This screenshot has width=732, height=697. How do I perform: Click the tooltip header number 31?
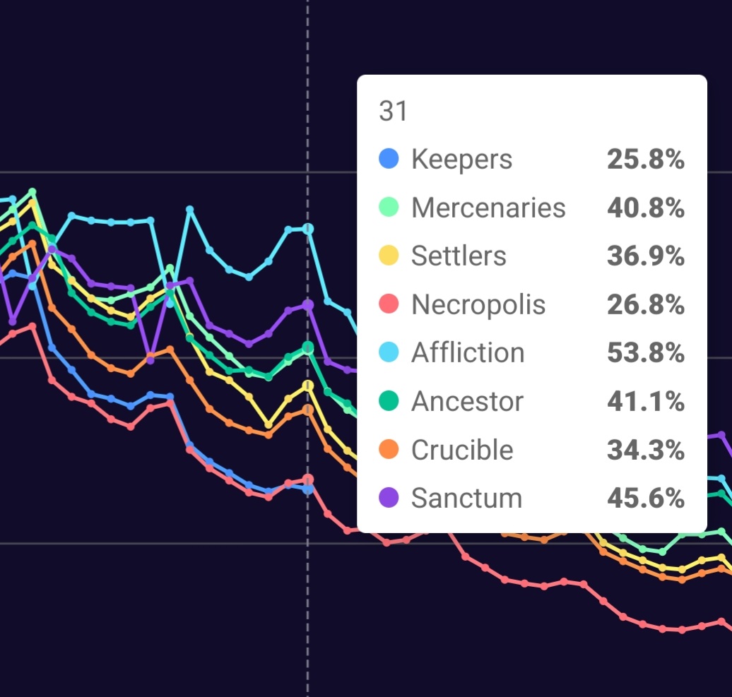pyautogui.click(x=393, y=112)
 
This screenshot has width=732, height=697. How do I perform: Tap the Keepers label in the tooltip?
pyautogui.click(x=461, y=159)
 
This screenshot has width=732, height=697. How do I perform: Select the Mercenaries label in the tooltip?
pyautogui.click(x=488, y=208)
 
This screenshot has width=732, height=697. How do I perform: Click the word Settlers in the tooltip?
pyautogui.click(x=459, y=256)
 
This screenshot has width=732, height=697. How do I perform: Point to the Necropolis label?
pyautogui.click(x=478, y=304)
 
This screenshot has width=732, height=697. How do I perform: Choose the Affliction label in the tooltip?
pyautogui.click(x=468, y=352)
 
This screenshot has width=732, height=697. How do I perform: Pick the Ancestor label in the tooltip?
pyautogui.click(x=467, y=401)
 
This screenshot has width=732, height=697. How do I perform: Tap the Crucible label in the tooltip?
pyautogui.click(x=462, y=449)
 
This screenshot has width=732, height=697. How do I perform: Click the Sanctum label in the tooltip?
pyautogui.click(x=466, y=498)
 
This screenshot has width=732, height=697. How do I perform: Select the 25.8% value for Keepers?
pyautogui.click(x=645, y=160)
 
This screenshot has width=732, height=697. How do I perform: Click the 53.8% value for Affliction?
pyautogui.click(x=645, y=352)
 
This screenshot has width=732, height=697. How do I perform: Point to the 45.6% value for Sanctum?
pyautogui.click(x=645, y=498)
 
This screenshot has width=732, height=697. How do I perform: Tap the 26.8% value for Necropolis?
pyautogui.click(x=645, y=304)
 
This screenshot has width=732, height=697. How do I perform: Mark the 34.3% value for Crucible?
pyautogui.click(x=645, y=449)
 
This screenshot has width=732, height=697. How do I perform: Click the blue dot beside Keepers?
pyautogui.click(x=389, y=158)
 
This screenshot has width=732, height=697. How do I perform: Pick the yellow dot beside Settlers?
pyautogui.click(x=389, y=255)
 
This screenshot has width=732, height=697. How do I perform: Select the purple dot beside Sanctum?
pyautogui.click(x=389, y=497)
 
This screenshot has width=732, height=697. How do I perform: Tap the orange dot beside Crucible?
pyautogui.click(x=389, y=448)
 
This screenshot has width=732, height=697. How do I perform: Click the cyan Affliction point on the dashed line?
pyautogui.click(x=307, y=229)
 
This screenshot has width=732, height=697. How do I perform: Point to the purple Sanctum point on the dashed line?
pyautogui.click(x=307, y=304)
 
